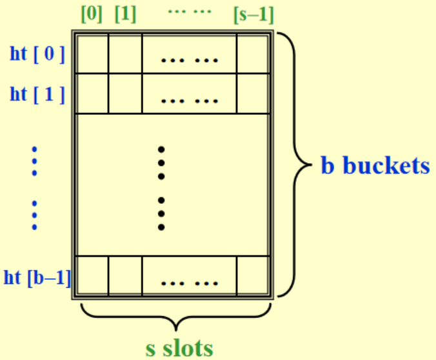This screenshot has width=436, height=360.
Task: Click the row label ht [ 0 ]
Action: click(37, 54)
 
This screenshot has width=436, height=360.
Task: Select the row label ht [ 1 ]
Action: click(37, 94)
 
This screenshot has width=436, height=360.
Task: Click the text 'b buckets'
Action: click(375, 166)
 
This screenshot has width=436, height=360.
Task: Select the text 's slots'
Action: click(179, 348)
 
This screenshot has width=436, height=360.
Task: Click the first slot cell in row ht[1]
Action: click(92, 94)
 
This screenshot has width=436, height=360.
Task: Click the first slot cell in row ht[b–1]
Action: click(92, 276)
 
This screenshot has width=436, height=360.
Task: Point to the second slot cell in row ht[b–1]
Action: click(124, 276)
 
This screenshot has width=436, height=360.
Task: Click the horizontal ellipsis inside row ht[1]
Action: click(190, 100)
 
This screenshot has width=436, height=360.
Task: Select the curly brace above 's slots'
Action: click(175, 318)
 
